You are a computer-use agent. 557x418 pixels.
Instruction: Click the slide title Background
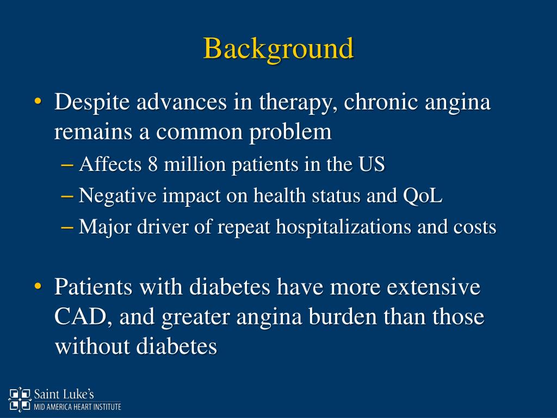278,49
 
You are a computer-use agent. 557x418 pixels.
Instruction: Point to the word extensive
434,287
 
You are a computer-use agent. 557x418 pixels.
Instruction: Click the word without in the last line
92,346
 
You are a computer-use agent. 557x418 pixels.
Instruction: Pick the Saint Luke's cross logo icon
20,398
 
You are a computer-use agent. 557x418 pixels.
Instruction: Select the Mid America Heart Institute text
77,407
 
